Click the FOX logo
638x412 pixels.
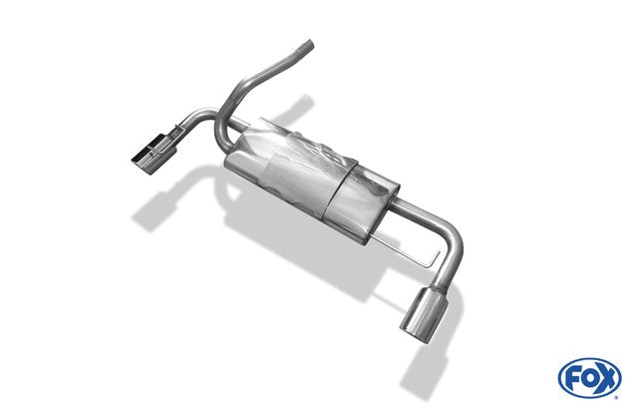coord(590,378)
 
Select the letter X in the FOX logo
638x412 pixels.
coord(606,379)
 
